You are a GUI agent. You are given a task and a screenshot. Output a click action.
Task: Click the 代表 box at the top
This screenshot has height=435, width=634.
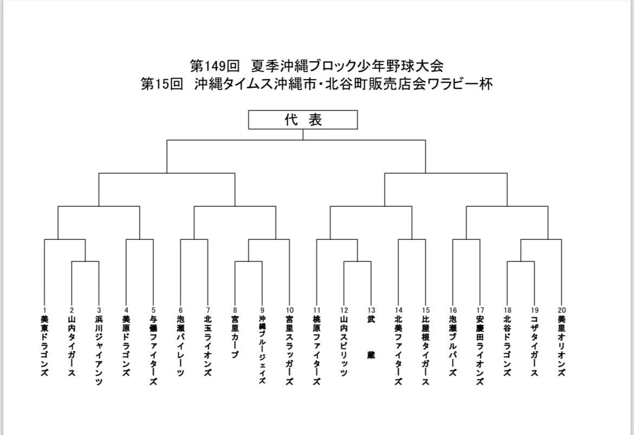coord(303,120)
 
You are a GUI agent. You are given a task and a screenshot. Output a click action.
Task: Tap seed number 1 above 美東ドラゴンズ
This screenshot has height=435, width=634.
coord(44,310)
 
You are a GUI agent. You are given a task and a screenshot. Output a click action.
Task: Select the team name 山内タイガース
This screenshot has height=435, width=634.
coord(72,346)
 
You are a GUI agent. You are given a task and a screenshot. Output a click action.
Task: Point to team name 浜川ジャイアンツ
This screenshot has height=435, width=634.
coord(99,350)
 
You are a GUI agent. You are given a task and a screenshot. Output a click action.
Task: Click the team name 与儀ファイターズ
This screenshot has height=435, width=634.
coord(153,350)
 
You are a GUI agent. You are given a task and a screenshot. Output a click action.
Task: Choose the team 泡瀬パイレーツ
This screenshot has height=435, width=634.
coord(181,346)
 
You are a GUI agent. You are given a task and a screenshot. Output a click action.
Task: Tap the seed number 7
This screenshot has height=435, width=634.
coord(208,310)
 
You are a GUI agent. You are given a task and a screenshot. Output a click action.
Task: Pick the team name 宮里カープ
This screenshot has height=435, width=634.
coord(235,337)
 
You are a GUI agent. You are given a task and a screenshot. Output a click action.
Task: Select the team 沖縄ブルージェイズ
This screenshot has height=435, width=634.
coord(262,350)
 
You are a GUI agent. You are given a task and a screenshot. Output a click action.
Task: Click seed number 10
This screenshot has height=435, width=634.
coord(289,310)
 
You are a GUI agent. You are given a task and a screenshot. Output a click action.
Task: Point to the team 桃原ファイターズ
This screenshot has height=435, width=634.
coord(316,350)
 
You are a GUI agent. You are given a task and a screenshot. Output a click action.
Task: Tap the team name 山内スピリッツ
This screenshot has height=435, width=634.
coord(344,346)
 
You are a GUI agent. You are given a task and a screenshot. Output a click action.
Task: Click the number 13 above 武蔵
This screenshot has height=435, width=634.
coord(371,310)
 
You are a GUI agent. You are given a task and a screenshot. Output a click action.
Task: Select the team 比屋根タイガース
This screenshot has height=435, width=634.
coord(425,350)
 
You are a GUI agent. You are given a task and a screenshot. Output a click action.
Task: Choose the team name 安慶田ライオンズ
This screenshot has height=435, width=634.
coord(480,350)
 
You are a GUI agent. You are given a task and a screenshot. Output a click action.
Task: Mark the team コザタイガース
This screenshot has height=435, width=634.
coord(534,346)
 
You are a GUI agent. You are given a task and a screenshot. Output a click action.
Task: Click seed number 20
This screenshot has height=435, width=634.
coord(561,310)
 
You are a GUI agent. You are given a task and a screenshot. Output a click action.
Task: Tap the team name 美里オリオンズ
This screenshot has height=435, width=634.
coord(561,346)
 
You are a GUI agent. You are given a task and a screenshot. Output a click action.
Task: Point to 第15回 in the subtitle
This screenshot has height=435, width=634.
coord(161,84)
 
